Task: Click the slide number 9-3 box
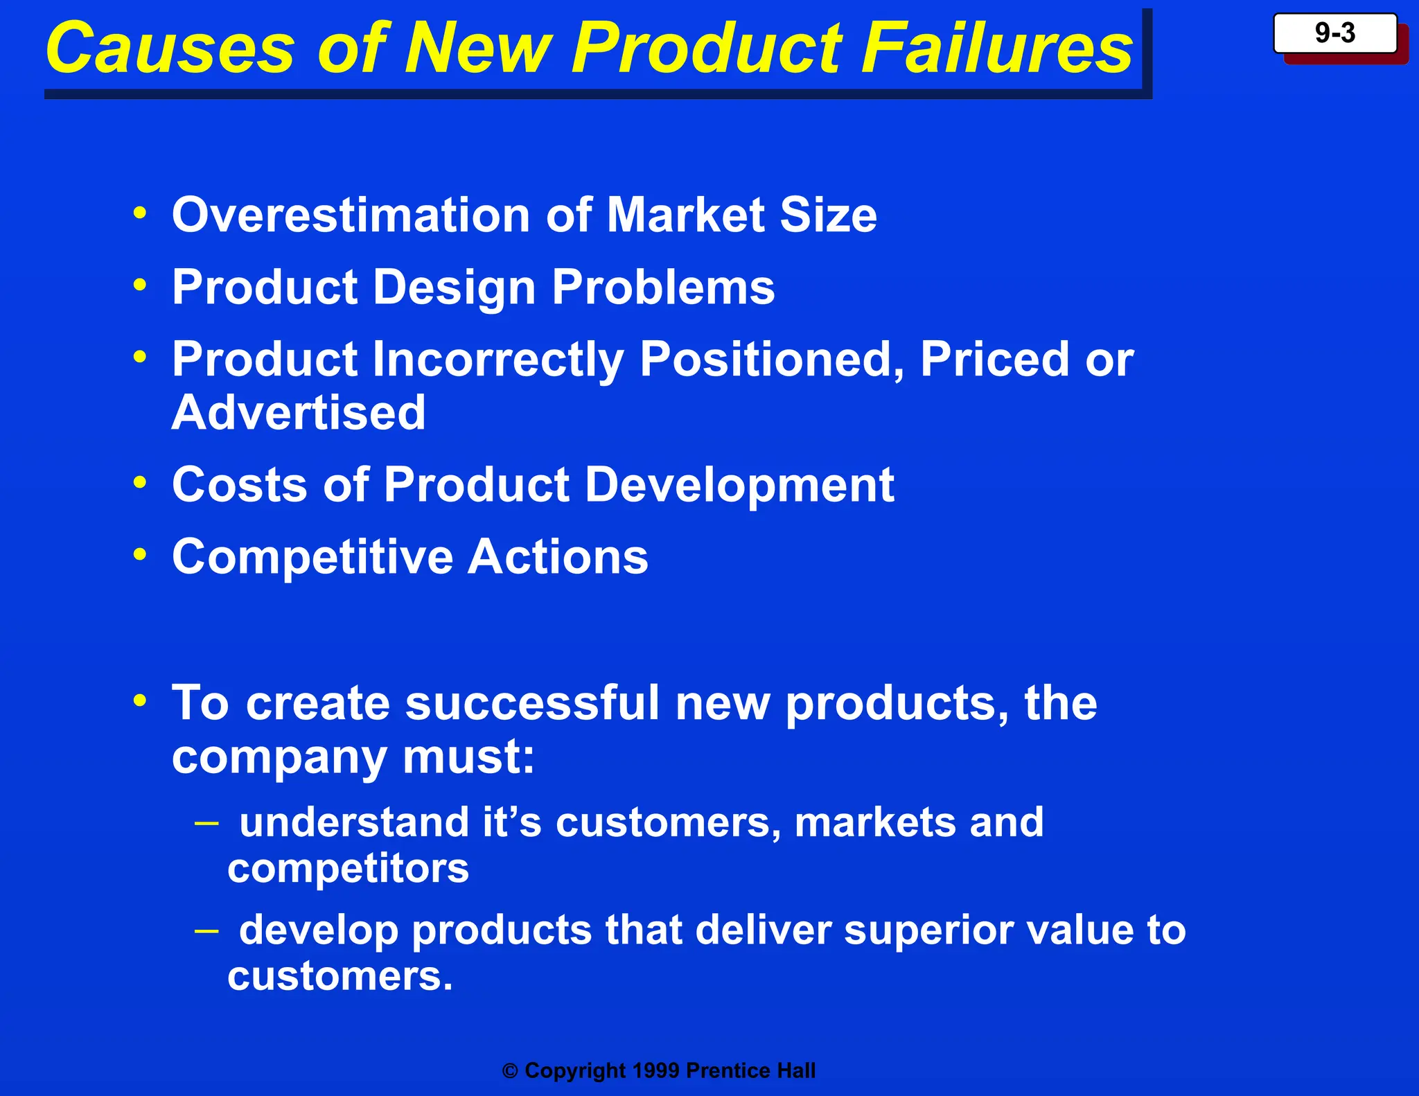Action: click(1334, 33)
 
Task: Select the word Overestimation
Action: click(351, 215)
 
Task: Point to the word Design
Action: click(454, 288)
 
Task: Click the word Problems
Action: click(663, 288)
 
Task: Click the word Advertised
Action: click(299, 413)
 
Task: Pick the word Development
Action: click(739, 485)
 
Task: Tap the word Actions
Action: click(558, 558)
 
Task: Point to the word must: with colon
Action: click(468, 757)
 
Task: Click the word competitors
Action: click(348, 869)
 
